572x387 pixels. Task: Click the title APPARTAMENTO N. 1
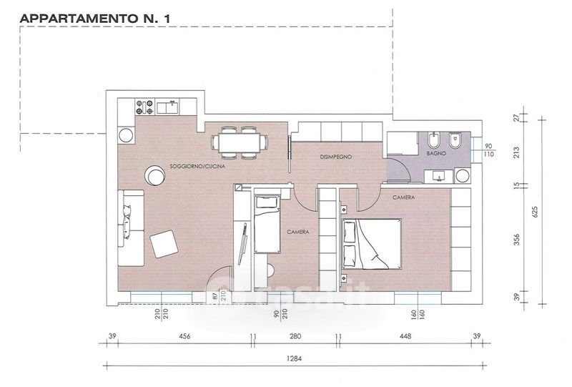[x=95, y=19]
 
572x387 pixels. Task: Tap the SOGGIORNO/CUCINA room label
[x=197, y=167]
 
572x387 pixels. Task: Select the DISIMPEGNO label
[x=336, y=157]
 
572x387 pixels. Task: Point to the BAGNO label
[x=436, y=153]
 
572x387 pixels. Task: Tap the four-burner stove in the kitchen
[x=145, y=107]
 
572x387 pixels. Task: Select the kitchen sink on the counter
[x=167, y=108]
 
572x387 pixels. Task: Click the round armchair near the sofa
[x=154, y=175]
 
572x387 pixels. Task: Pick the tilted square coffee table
[x=164, y=244]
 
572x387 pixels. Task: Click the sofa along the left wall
[x=131, y=227]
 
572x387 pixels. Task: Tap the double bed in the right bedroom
[x=371, y=244]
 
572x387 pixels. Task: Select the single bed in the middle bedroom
[x=267, y=224]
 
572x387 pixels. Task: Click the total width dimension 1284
[x=295, y=358]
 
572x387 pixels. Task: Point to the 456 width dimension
[x=184, y=336]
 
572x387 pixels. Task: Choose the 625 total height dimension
[x=535, y=212]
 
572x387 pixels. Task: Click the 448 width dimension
[x=405, y=336]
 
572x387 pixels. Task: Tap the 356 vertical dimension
[x=516, y=240]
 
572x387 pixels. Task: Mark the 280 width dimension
[x=295, y=336]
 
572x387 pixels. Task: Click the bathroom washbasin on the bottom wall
[x=439, y=177]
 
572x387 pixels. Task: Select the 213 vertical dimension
[x=516, y=152]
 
